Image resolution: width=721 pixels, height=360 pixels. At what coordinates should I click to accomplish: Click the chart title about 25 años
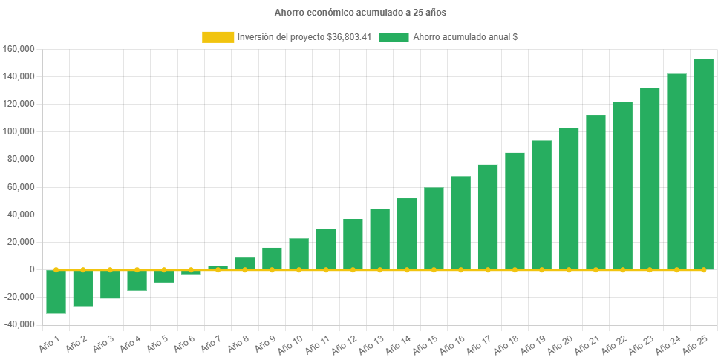[x=360, y=13]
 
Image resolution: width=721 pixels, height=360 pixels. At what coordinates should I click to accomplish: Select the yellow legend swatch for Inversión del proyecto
[x=218, y=37]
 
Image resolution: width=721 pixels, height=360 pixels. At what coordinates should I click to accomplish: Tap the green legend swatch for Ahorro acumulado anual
[x=394, y=37]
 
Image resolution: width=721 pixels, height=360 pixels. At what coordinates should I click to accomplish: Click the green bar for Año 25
[x=703, y=163]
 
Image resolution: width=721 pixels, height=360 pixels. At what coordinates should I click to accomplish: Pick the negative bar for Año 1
[x=56, y=292]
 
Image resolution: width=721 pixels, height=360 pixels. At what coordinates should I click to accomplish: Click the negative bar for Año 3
[x=110, y=284]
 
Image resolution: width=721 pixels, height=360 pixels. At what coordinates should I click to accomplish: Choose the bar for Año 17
[x=488, y=216]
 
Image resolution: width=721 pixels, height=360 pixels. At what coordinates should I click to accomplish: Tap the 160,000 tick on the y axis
[x=19, y=49]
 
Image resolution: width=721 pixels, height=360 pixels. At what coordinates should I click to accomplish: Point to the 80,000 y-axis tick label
[x=22, y=159]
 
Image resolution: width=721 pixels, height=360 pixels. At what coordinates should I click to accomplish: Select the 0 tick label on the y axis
[x=33, y=269]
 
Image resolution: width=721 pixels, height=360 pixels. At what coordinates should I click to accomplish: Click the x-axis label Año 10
[x=288, y=344]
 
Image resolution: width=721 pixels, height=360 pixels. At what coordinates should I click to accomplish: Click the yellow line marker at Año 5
[x=164, y=269]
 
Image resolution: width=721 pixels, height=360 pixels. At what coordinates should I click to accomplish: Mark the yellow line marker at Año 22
[x=623, y=269]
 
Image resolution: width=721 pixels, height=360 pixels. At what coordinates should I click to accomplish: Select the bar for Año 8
[x=245, y=263]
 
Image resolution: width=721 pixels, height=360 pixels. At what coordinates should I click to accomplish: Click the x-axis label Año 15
[x=423, y=344]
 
